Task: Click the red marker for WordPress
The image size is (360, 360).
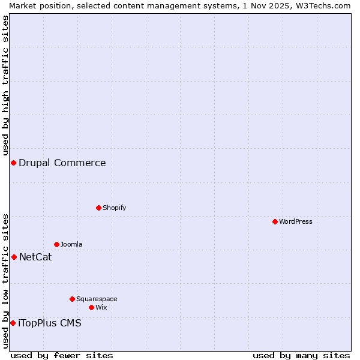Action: (275, 221)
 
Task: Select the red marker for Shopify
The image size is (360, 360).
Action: (98, 208)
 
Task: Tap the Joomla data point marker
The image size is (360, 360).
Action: (56, 244)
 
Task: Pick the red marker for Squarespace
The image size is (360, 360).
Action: (72, 299)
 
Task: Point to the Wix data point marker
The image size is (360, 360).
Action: (91, 307)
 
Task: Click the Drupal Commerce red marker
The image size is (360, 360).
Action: (13, 163)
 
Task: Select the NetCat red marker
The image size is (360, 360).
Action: (14, 257)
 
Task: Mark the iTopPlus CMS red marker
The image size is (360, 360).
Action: (13, 323)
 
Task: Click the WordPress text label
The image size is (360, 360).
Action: (296, 221)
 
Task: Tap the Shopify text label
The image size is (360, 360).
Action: (114, 208)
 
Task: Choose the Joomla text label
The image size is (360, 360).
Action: (71, 244)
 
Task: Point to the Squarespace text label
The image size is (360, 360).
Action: (97, 299)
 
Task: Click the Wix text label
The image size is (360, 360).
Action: (101, 307)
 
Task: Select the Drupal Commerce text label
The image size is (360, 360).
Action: (62, 163)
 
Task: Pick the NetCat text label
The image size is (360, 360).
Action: (35, 257)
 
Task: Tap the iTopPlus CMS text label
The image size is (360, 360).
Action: (50, 323)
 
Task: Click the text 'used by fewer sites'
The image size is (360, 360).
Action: (62, 355)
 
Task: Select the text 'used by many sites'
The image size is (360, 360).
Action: (301, 355)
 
